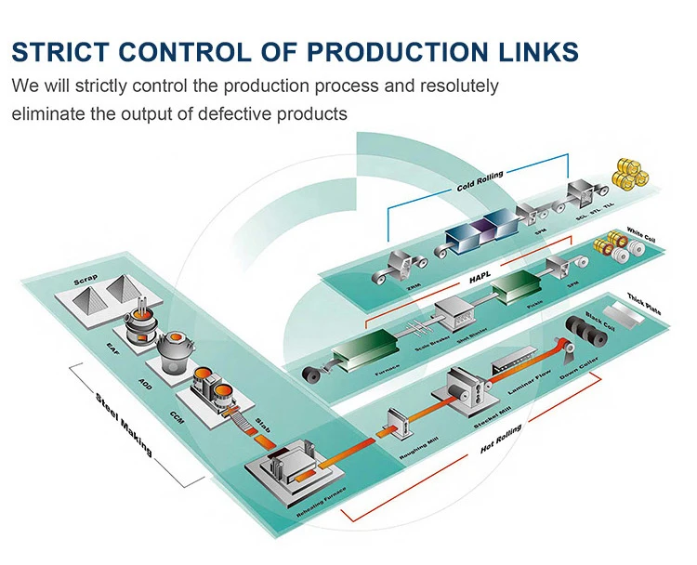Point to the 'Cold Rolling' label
click(x=479, y=182)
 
